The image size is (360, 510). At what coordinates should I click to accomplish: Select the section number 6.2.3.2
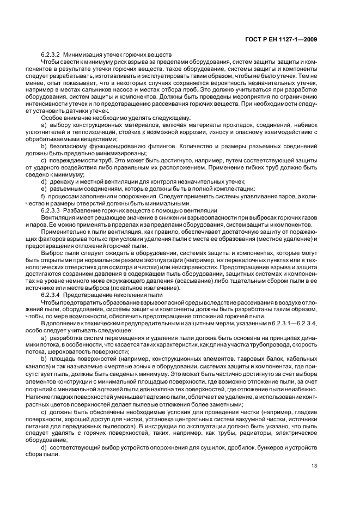click(51, 55)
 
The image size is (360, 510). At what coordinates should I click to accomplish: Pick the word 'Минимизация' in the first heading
click(81, 55)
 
